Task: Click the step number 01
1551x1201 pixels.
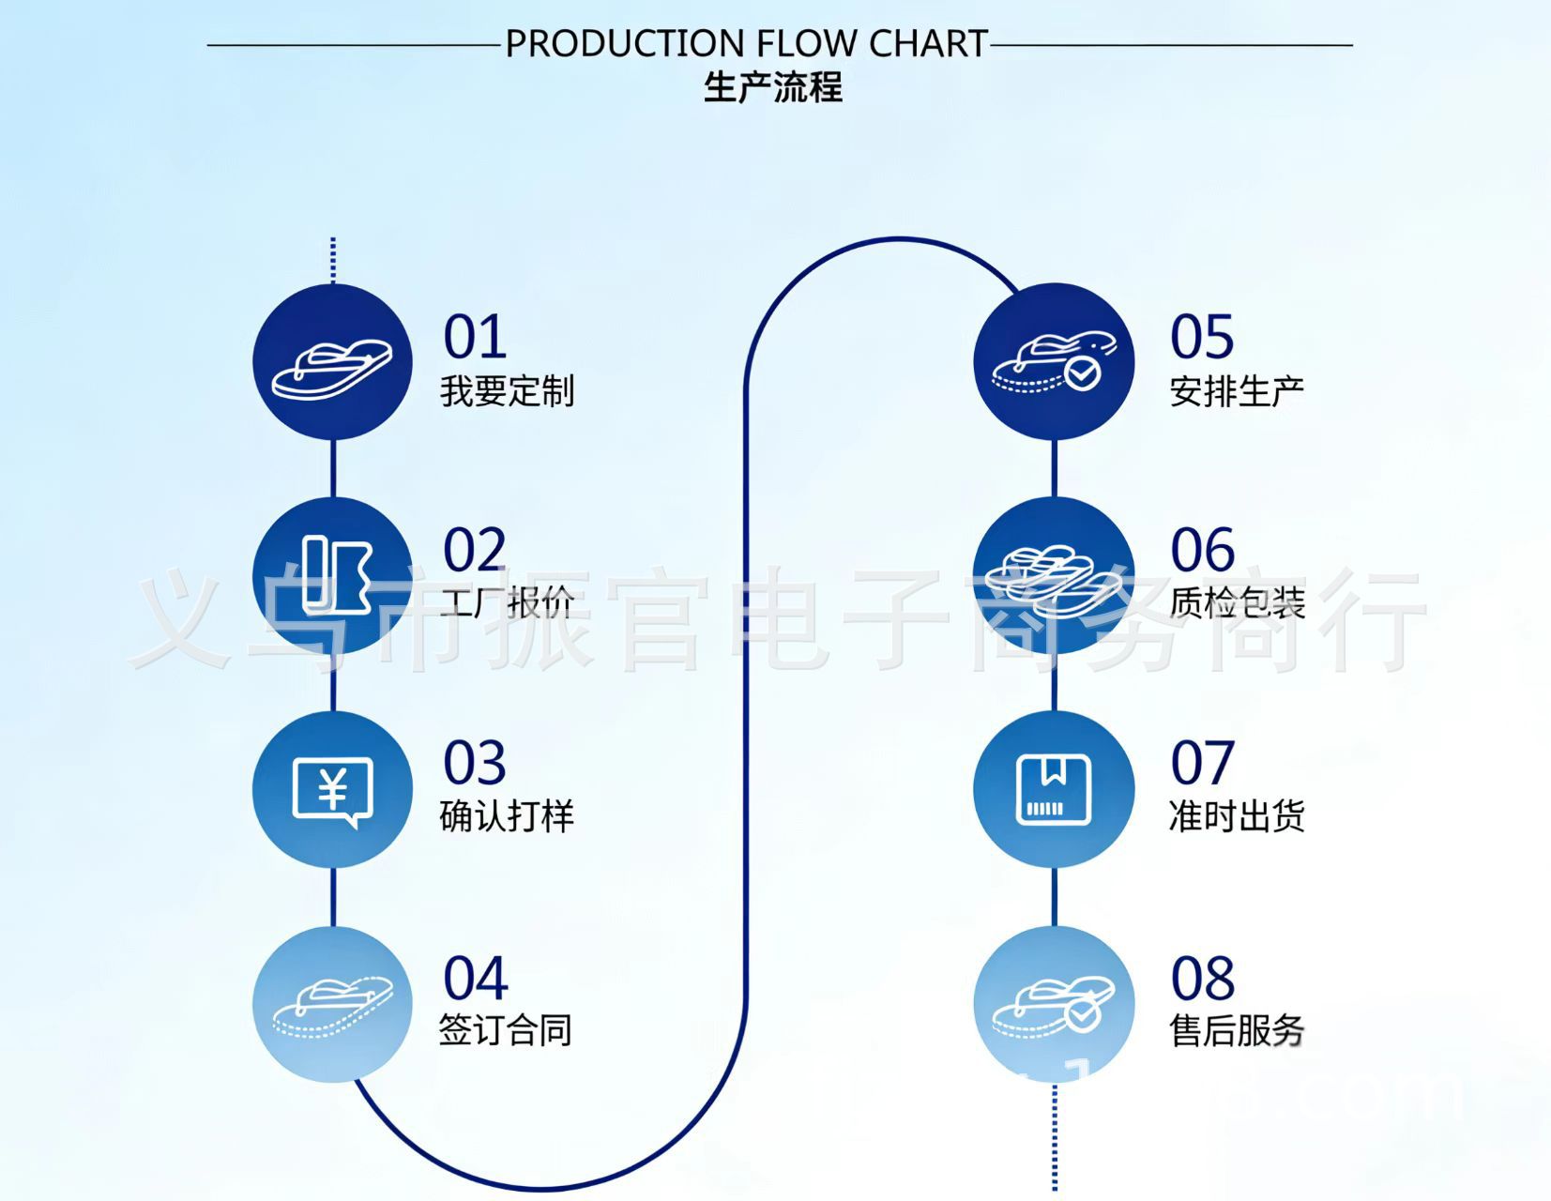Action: (475, 337)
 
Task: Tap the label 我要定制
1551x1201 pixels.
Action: (507, 391)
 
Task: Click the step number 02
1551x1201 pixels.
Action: (475, 550)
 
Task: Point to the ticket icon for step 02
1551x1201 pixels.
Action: (336, 573)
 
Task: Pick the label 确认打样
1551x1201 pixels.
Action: (507, 816)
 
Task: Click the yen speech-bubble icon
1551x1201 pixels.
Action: (333, 790)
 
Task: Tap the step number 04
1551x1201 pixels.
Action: (476, 979)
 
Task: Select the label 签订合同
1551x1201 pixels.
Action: (506, 1030)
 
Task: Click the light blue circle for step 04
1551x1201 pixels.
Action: (333, 1005)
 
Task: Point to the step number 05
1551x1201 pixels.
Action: (1202, 337)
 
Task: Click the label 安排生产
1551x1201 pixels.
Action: (1237, 391)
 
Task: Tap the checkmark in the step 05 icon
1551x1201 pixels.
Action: (1082, 373)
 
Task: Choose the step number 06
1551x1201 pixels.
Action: (1202, 550)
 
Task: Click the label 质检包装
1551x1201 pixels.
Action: (1238, 602)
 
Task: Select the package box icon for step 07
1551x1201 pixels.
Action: (1054, 789)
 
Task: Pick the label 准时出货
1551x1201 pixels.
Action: (1237, 816)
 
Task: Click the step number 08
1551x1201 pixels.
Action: (1203, 979)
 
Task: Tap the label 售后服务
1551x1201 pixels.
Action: (1237, 1030)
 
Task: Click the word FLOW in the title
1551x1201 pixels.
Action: (807, 44)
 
